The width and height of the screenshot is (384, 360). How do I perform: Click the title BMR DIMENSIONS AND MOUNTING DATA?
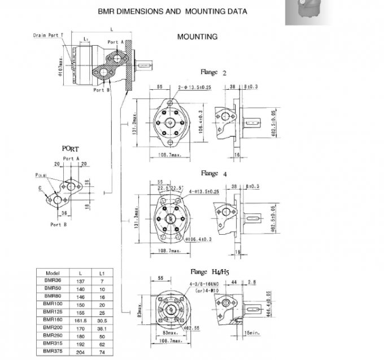click(x=172, y=11)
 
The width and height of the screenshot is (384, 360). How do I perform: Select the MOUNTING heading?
click(x=197, y=37)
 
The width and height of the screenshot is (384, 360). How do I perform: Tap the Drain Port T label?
click(x=48, y=35)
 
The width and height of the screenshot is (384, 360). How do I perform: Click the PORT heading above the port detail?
click(x=71, y=148)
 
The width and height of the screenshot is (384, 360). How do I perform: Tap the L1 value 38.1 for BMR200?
click(x=102, y=327)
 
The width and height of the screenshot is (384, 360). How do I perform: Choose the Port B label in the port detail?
click(x=59, y=225)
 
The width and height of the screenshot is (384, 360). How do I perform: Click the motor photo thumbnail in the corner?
click(x=306, y=12)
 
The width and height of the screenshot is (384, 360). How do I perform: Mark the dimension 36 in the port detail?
click(x=64, y=213)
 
